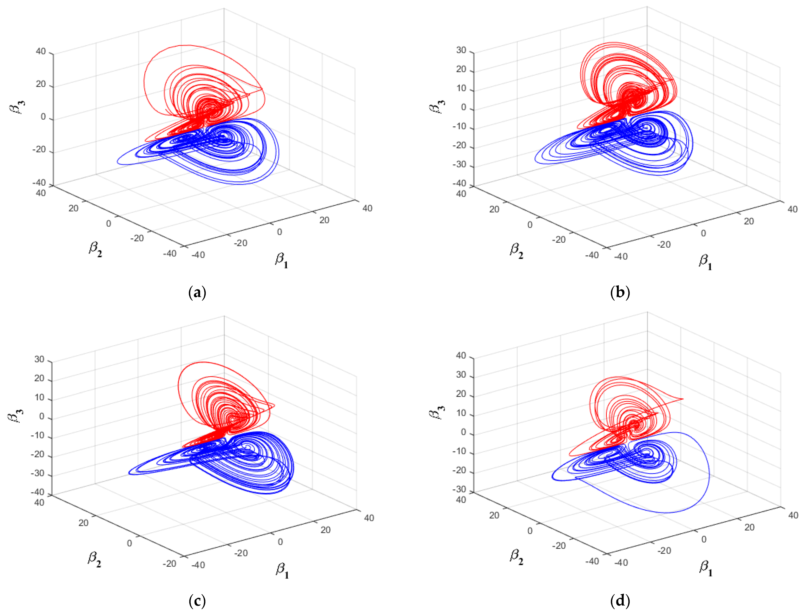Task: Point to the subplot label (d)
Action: tap(620, 601)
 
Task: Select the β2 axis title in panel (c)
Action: tap(94, 559)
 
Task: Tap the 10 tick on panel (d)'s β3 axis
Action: tap(461, 413)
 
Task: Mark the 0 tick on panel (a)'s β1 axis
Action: tap(279, 232)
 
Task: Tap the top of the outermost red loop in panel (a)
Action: tap(185, 45)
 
